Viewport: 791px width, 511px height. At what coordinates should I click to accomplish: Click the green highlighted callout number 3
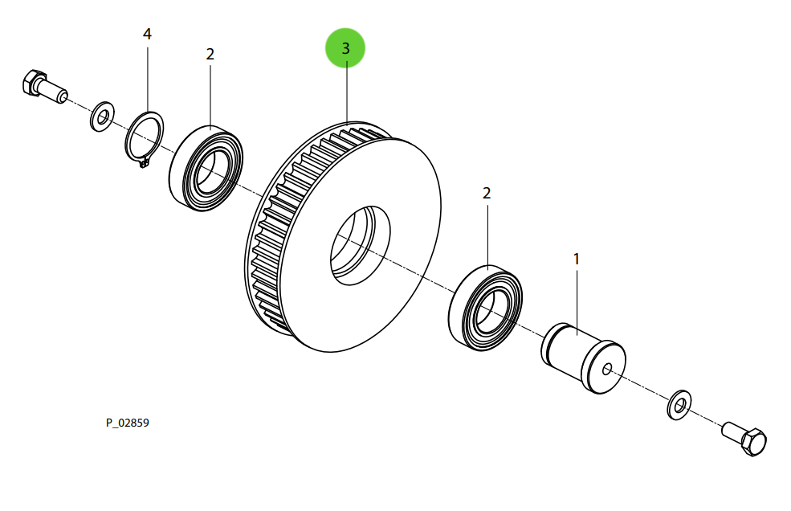(345, 48)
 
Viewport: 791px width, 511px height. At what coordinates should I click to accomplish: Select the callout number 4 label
(147, 34)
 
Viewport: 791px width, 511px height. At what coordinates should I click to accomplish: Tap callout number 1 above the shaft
(576, 259)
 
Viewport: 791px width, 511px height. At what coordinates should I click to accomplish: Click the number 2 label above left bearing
(210, 54)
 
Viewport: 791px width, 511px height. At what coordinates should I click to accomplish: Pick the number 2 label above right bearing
(487, 193)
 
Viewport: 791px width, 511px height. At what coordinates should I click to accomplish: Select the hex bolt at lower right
(744, 437)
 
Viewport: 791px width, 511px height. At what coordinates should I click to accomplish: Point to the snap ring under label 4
(145, 136)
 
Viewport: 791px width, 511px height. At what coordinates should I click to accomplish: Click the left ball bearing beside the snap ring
(206, 169)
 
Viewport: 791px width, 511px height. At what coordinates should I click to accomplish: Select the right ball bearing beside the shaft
(486, 308)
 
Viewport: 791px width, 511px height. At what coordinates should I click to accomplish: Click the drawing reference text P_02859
(128, 423)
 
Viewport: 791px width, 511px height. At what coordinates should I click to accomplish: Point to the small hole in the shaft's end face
(606, 370)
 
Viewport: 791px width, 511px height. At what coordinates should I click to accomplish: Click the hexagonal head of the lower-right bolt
(755, 441)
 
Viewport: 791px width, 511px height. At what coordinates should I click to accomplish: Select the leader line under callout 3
(345, 92)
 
